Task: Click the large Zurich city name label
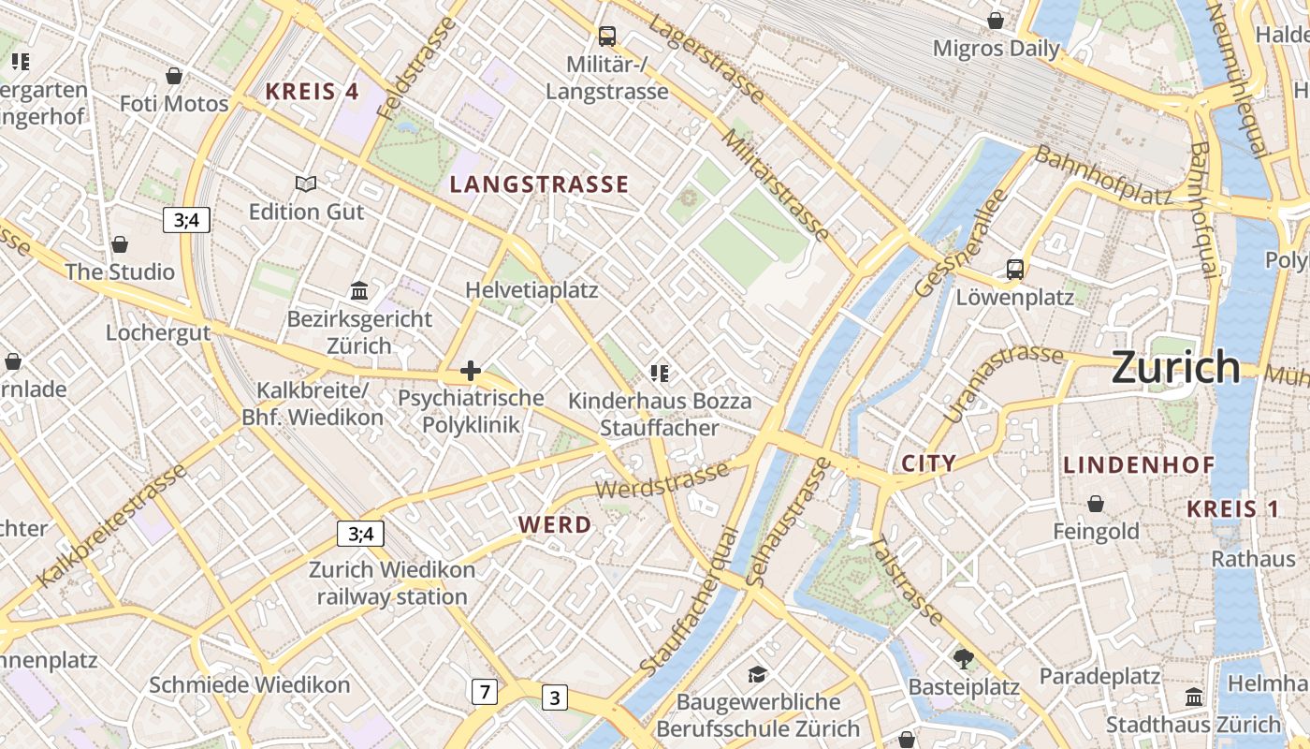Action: point(1175,367)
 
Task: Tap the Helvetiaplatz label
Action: point(531,290)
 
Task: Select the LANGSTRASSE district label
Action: point(539,184)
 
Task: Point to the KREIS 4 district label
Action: point(312,92)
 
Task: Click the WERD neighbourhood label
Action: point(555,525)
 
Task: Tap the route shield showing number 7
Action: point(483,693)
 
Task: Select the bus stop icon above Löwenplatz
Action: point(1014,270)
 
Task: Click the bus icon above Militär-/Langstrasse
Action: point(607,37)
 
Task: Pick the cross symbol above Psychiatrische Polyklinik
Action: point(471,372)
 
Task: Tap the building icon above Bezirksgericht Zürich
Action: point(359,291)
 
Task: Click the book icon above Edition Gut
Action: point(306,184)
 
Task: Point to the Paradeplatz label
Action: point(1099,676)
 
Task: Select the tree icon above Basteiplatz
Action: point(964,659)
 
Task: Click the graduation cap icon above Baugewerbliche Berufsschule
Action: point(757,674)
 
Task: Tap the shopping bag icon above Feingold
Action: point(1096,504)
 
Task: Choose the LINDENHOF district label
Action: point(1139,464)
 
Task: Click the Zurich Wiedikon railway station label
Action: point(392,583)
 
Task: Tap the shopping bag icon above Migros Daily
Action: point(996,21)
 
